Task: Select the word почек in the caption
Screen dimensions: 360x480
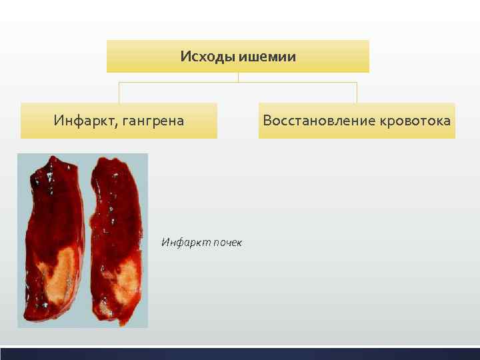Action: (x=228, y=242)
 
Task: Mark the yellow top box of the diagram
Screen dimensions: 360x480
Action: (x=237, y=56)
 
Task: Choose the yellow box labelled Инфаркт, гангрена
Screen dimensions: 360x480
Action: (x=119, y=121)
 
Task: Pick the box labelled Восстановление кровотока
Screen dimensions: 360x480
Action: (x=357, y=121)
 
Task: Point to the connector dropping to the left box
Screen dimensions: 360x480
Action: (x=119, y=93)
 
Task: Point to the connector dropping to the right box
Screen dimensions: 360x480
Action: (x=357, y=93)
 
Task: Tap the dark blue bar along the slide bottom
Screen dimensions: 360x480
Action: (x=240, y=353)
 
